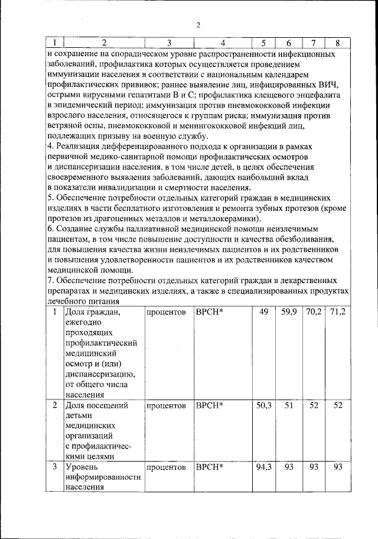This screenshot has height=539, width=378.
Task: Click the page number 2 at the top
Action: click(198, 25)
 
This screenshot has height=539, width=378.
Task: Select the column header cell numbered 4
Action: click(223, 43)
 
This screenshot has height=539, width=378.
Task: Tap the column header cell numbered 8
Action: click(338, 43)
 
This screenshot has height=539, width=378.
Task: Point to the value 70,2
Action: click(314, 311)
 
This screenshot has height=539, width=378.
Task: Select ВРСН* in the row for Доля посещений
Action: click(208, 406)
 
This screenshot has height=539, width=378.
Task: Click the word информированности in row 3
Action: click(103, 478)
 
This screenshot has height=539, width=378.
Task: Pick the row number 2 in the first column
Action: click(55, 406)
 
